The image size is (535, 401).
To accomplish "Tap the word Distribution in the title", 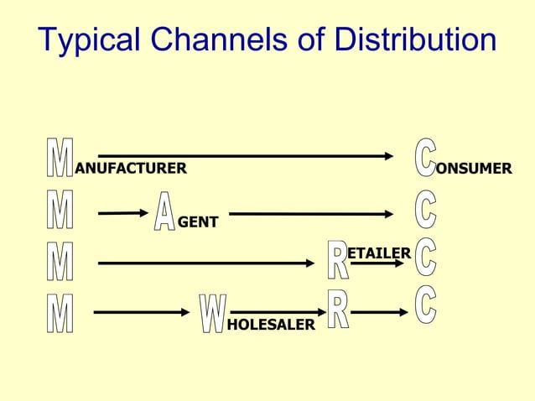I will pyautogui.click(x=414, y=40).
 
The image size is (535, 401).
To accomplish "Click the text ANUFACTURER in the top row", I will pyautogui.click(x=131, y=169).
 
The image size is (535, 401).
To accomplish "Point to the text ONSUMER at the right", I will pyautogui.click(x=474, y=169).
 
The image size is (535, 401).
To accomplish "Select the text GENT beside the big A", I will pyautogui.click(x=198, y=222).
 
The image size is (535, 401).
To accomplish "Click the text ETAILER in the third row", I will pyautogui.click(x=379, y=253).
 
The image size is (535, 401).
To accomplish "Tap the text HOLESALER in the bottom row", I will pyautogui.click(x=271, y=324).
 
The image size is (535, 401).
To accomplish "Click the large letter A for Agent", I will pyautogui.click(x=164, y=211).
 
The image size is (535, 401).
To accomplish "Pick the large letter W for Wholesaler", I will pyautogui.click(x=212, y=314).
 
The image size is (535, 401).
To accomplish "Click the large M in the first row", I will pyautogui.click(x=59, y=159).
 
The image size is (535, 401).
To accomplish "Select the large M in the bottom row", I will pyautogui.click(x=59, y=313).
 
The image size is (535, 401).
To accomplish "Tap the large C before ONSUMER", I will pyautogui.click(x=426, y=158).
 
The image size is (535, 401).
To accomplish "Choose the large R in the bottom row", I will pyautogui.click(x=337, y=309).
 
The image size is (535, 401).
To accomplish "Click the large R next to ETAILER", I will pyautogui.click(x=337, y=260).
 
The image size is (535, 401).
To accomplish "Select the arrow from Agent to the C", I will pyautogui.click(x=311, y=214).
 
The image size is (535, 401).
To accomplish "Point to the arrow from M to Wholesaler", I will pyautogui.click(x=142, y=313).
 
